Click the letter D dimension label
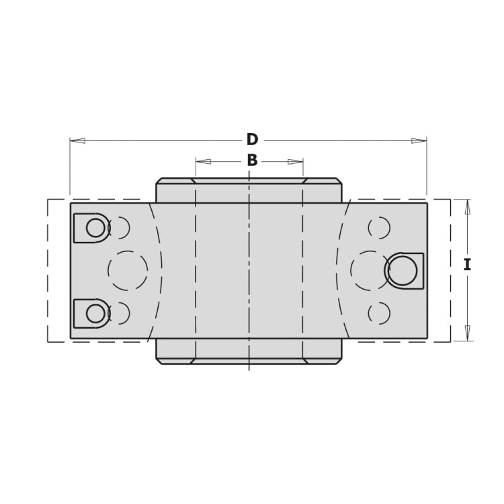pyautogui.click(x=252, y=140)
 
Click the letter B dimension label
pyautogui.click(x=252, y=161)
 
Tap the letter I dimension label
pyautogui.click(x=467, y=265)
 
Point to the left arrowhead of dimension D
pyautogui.click(x=78, y=140)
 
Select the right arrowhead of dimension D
pyautogui.click(x=419, y=140)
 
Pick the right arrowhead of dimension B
pyautogui.click(x=295, y=161)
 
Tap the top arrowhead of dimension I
pyautogui.click(x=468, y=207)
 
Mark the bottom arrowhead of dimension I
pyautogui.click(x=468, y=333)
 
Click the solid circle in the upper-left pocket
pyautogui.click(x=95, y=228)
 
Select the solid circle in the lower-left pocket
pyautogui.click(x=95, y=313)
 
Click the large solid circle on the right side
pyautogui.click(x=402, y=271)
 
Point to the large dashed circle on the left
pyautogui.click(x=128, y=271)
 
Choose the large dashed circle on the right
pyautogui.click(x=370, y=271)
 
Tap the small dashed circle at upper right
pyautogui.click(x=379, y=228)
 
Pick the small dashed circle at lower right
pyautogui.click(x=379, y=313)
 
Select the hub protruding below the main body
pyautogui.click(x=249, y=350)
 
